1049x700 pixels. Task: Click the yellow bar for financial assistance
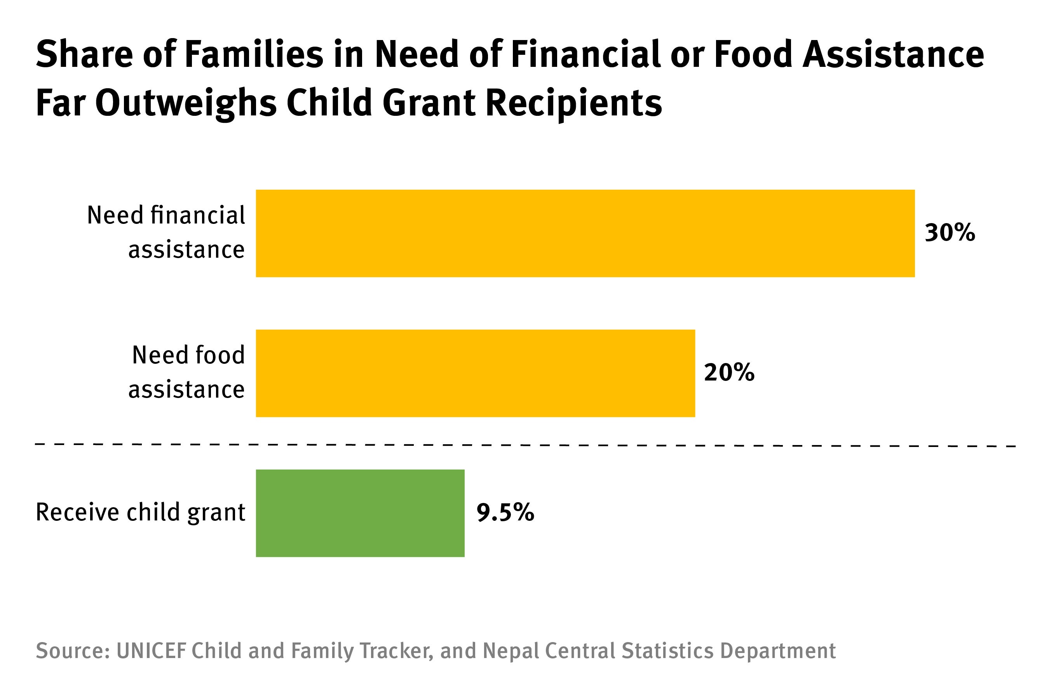[x=585, y=234]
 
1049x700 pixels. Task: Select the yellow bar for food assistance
[x=475, y=373]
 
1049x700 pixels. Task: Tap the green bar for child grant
[x=360, y=513]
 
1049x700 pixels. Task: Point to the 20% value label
[x=729, y=372]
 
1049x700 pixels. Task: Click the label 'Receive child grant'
[x=141, y=512]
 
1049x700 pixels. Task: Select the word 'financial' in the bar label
[x=198, y=215]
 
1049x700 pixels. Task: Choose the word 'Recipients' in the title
[x=574, y=103]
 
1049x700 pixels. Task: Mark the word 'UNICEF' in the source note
[x=151, y=651]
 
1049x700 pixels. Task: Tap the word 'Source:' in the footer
[x=73, y=651]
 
